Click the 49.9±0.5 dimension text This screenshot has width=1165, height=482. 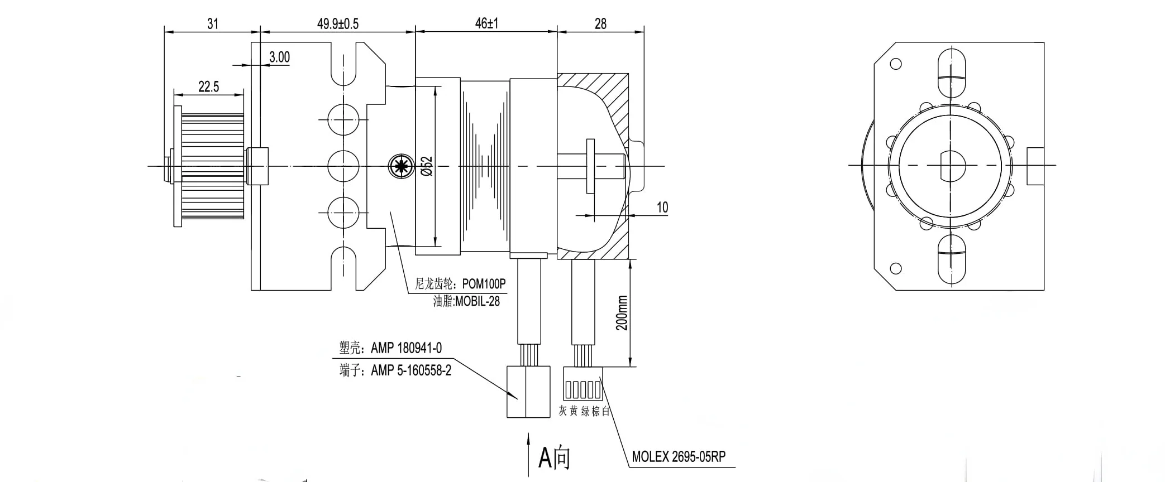tap(338, 24)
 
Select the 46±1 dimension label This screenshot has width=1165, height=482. tap(486, 23)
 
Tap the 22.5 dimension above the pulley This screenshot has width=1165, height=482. tap(209, 87)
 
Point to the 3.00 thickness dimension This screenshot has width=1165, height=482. tap(279, 57)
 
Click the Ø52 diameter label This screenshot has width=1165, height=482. tap(427, 166)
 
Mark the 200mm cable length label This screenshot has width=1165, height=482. tap(622, 313)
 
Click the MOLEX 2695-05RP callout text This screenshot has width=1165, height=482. tap(679, 457)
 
